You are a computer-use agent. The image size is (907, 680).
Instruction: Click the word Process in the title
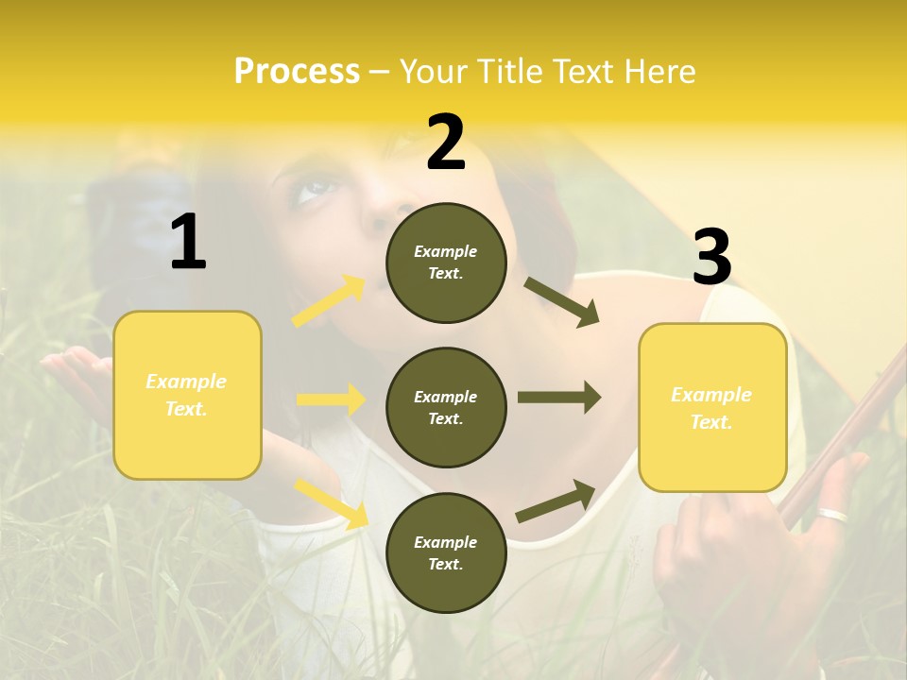coord(297,72)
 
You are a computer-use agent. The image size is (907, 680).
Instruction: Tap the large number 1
coord(188,243)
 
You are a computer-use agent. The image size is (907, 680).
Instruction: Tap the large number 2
coord(446,143)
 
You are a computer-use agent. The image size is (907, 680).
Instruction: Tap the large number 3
coord(711,257)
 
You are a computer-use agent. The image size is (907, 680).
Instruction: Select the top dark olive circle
coord(446,263)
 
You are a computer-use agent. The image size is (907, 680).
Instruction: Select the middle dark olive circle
coord(446,407)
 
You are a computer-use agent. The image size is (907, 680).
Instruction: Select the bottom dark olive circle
coord(446,552)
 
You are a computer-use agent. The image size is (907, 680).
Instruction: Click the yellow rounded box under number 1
coord(187,395)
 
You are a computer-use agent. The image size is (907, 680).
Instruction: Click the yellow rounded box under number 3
coord(712,407)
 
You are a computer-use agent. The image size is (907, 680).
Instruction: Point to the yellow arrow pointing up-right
coord(330,300)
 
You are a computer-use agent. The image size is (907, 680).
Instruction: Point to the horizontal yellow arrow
coord(332,399)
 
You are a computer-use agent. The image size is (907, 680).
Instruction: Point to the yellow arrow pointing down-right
coord(332,502)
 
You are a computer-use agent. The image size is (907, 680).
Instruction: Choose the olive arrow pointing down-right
coord(561,302)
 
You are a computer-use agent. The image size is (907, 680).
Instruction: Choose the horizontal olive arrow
coord(559,398)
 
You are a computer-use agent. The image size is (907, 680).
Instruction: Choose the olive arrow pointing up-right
coord(556,501)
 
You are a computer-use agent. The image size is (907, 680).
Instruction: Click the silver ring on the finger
coord(833,516)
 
